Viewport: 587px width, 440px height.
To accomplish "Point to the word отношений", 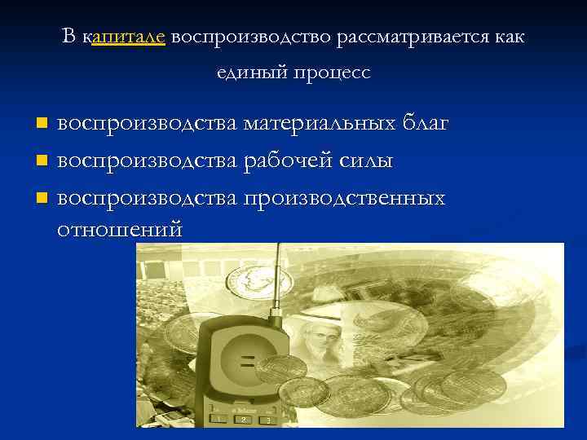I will [120, 230].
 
